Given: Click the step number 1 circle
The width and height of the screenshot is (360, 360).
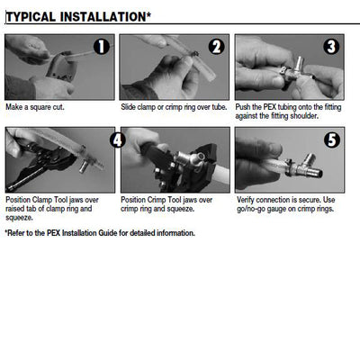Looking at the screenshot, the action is (x=102, y=47).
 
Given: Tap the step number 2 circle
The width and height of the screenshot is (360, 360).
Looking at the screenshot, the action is (x=216, y=47).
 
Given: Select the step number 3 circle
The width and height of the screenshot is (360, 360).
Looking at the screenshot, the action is (x=331, y=47).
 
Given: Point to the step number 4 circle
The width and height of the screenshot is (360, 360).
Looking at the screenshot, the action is (x=117, y=139).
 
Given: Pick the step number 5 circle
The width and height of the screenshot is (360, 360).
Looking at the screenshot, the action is (x=332, y=139).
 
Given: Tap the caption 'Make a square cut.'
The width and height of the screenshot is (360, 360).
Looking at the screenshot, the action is (x=35, y=107).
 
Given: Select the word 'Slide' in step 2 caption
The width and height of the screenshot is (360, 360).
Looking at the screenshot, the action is (x=128, y=107).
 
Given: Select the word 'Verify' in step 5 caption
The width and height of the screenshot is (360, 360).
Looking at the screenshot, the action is (x=246, y=200).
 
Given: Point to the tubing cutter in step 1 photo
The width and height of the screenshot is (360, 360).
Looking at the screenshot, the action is (x=60, y=68).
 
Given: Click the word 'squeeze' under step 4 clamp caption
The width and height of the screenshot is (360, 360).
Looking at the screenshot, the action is (x=18, y=218).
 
